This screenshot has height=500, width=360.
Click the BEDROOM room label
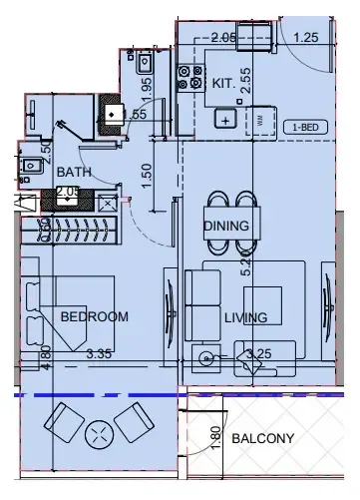tap(95, 317)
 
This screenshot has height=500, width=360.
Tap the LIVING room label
tap(245, 318)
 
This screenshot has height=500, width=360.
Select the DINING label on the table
tap(226, 226)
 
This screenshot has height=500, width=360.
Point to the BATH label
tap(74, 172)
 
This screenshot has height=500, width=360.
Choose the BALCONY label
tap(262, 438)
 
